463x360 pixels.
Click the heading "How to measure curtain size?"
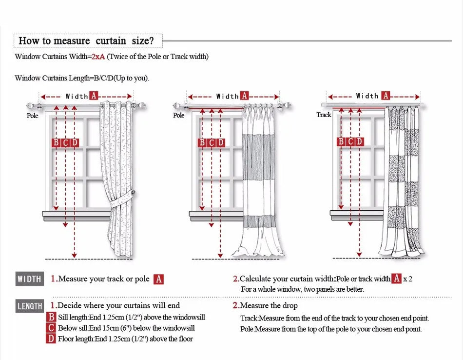[x=86, y=40]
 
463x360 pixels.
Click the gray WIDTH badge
[x=29, y=279]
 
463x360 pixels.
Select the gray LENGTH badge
[x=30, y=306]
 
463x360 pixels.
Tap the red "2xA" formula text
[x=98, y=57]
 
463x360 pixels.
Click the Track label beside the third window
[x=324, y=115]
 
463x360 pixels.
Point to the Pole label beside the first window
[x=32, y=116]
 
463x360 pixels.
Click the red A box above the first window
[x=94, y=96]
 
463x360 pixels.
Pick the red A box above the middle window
[x=244, y=96]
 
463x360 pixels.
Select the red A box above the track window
[x=386, y=96]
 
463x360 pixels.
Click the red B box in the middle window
[x=202, y=142]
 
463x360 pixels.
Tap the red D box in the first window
[x=75, y=142]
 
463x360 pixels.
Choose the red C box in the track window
[x=350, y=141]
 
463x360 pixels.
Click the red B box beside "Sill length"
[x=51, y=317]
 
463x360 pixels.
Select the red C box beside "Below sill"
[x=51, y=328]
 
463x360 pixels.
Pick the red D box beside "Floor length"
[x=51, y=339]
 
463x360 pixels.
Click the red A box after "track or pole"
[x=158, y=280]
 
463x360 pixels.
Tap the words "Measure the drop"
[x=269, y=306]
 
